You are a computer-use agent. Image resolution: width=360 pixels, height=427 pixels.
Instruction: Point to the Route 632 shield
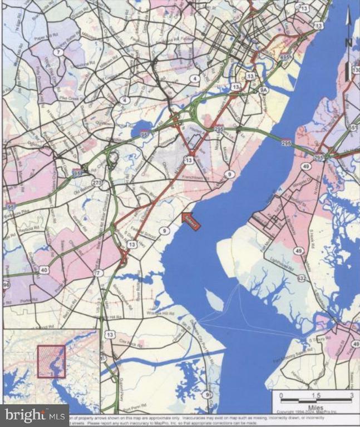pos(302,278)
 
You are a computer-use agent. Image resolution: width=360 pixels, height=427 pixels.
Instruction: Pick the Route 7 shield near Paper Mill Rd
pos(58,52)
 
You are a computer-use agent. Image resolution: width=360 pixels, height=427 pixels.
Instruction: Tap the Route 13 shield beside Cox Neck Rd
pos(110,334)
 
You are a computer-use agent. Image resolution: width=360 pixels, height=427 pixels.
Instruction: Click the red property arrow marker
pos(190,220)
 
